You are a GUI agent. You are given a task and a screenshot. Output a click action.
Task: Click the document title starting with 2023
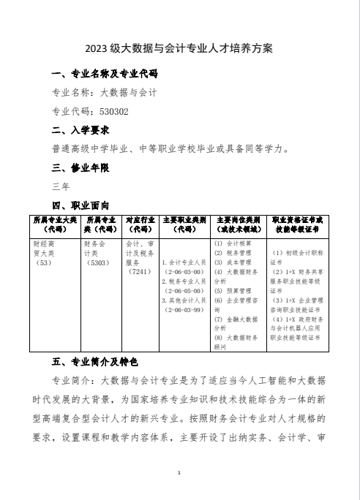(x=179, y=49)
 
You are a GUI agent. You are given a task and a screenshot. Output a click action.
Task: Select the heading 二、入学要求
(x=81, y=131)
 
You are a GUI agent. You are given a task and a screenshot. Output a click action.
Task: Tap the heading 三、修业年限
(x=81, y=168)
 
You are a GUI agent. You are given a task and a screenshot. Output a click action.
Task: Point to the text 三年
(x=61, y=186)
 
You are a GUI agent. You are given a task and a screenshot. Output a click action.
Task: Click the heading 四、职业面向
(x=81, y=205)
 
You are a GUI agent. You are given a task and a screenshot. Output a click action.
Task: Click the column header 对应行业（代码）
(x=140, y=223)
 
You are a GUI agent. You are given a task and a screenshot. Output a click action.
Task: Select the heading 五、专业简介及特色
(x=96, y=362)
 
